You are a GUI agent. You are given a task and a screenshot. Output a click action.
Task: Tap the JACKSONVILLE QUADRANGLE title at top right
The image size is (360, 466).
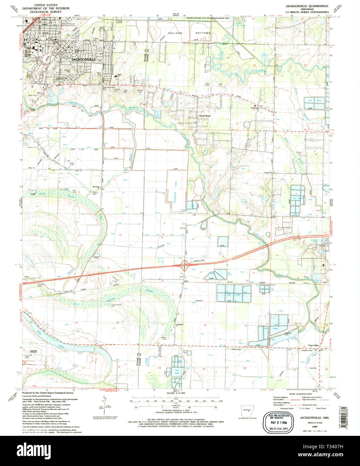click(x=307, y=6)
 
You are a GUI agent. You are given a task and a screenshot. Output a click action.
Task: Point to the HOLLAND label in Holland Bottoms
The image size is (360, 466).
click(x=175, y=33)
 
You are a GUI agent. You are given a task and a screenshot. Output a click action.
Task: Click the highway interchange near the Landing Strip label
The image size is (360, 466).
click(x=184, y=267)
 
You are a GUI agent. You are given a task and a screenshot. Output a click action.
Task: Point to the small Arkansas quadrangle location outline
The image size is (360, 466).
click(x=247, y=411)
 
